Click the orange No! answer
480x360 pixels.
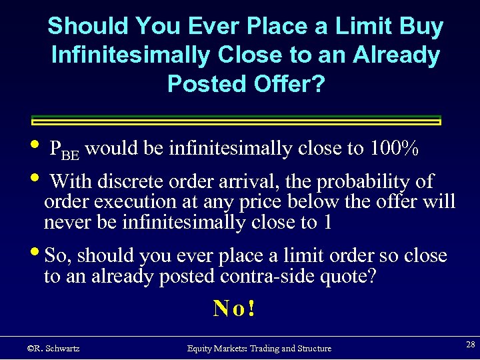click(234, 308)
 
